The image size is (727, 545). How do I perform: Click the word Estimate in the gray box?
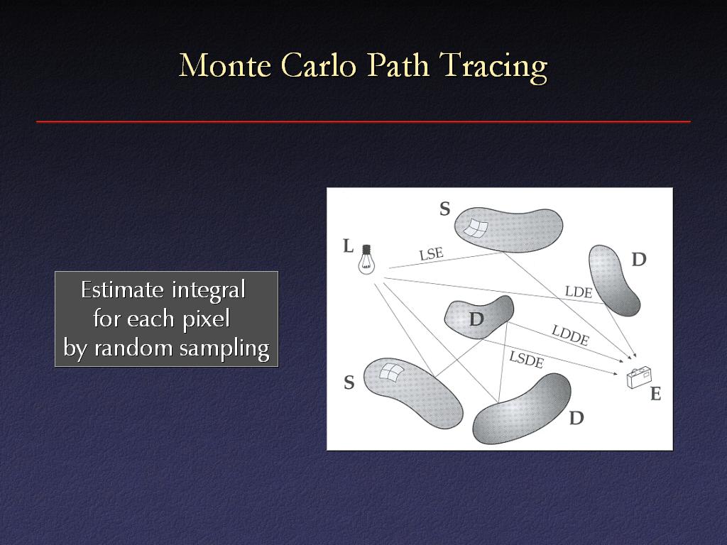(123, 290)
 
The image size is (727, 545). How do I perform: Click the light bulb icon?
(366, 260)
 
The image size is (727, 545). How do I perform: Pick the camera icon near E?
(639, 377)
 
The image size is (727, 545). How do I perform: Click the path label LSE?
(431, 254)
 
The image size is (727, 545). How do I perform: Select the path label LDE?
(579, 292)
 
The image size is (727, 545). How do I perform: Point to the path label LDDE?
(570, 335)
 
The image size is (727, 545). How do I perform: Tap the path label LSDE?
(526, 359)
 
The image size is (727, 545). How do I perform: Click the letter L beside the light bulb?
(348, 246)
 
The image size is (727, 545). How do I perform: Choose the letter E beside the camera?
(655, 394)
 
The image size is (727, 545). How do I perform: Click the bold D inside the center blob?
(476, 319)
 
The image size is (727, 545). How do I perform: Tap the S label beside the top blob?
(444, 209)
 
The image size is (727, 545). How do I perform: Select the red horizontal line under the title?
(363, 122)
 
